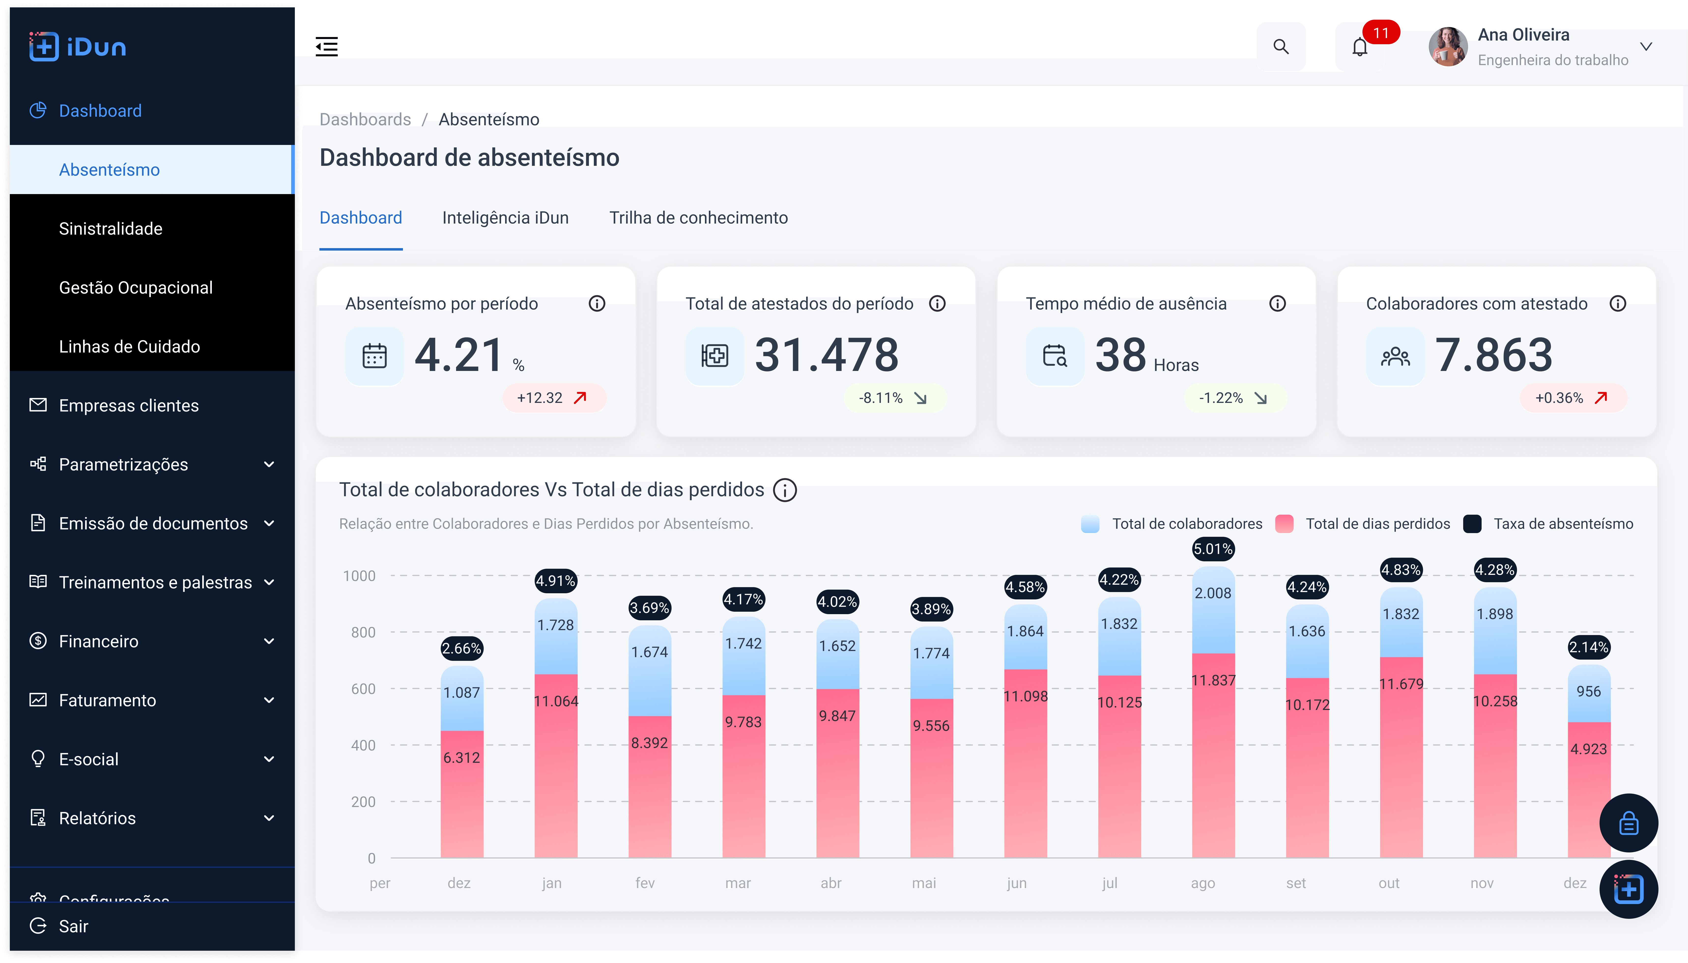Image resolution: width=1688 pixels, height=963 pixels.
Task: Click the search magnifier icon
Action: point(1281,46)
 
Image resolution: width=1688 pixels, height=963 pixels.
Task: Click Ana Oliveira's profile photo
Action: point(1448,46)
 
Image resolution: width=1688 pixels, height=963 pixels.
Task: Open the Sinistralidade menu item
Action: point(111,229)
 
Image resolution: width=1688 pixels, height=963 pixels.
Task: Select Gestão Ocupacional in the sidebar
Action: point(136,288)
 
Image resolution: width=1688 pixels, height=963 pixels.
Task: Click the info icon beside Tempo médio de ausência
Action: point(1277,304)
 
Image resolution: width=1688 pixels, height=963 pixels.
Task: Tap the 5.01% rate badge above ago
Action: point(1213,549)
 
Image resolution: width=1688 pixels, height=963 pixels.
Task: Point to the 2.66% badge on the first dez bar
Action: point(462,648)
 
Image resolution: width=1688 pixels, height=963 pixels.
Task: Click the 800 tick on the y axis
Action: point(363,632)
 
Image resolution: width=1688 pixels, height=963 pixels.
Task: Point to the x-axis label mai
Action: point(924,883)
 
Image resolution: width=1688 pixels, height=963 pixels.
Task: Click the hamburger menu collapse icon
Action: point(327,46)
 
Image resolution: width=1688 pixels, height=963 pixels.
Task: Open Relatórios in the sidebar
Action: point(97,818)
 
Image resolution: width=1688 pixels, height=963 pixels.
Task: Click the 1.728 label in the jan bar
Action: point(556,625)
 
